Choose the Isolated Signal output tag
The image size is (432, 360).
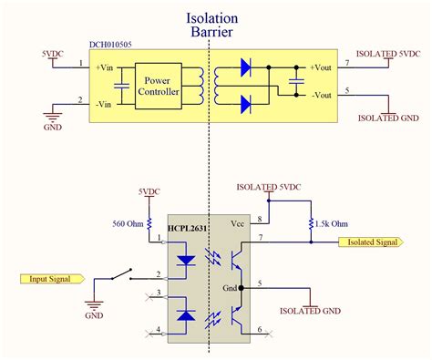click(374, 242)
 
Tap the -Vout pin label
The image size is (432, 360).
click(324, 95)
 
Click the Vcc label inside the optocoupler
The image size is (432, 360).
click(237, 223)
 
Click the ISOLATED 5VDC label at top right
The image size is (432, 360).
click(390, 54)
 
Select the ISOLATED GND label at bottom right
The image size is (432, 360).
click(389, 118)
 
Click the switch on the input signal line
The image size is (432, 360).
click(118, 272)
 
